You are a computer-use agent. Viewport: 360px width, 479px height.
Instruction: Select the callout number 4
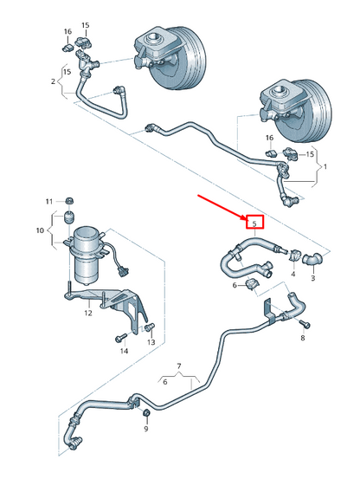pos(293,275)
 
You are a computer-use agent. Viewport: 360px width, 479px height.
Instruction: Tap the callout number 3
pos(313,279)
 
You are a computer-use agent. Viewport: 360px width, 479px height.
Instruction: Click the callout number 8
pos(302,338)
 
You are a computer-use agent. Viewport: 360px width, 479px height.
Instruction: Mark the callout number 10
pos(38,230)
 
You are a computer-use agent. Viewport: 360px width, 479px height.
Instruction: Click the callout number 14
pos(124,351)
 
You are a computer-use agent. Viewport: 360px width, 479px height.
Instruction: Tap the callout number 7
pos(179,366)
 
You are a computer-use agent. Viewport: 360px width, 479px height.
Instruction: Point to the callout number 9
pos(145,429)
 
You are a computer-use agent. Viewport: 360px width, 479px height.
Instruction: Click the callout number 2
pos(54,81)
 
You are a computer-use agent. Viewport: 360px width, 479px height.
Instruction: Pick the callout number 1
pos(325,165)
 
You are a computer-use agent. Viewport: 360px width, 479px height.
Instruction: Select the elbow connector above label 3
pos(313,257)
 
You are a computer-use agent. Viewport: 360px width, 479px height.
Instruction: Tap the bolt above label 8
pos(302,322)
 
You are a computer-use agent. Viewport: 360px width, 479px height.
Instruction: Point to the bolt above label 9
pos(145,412)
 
